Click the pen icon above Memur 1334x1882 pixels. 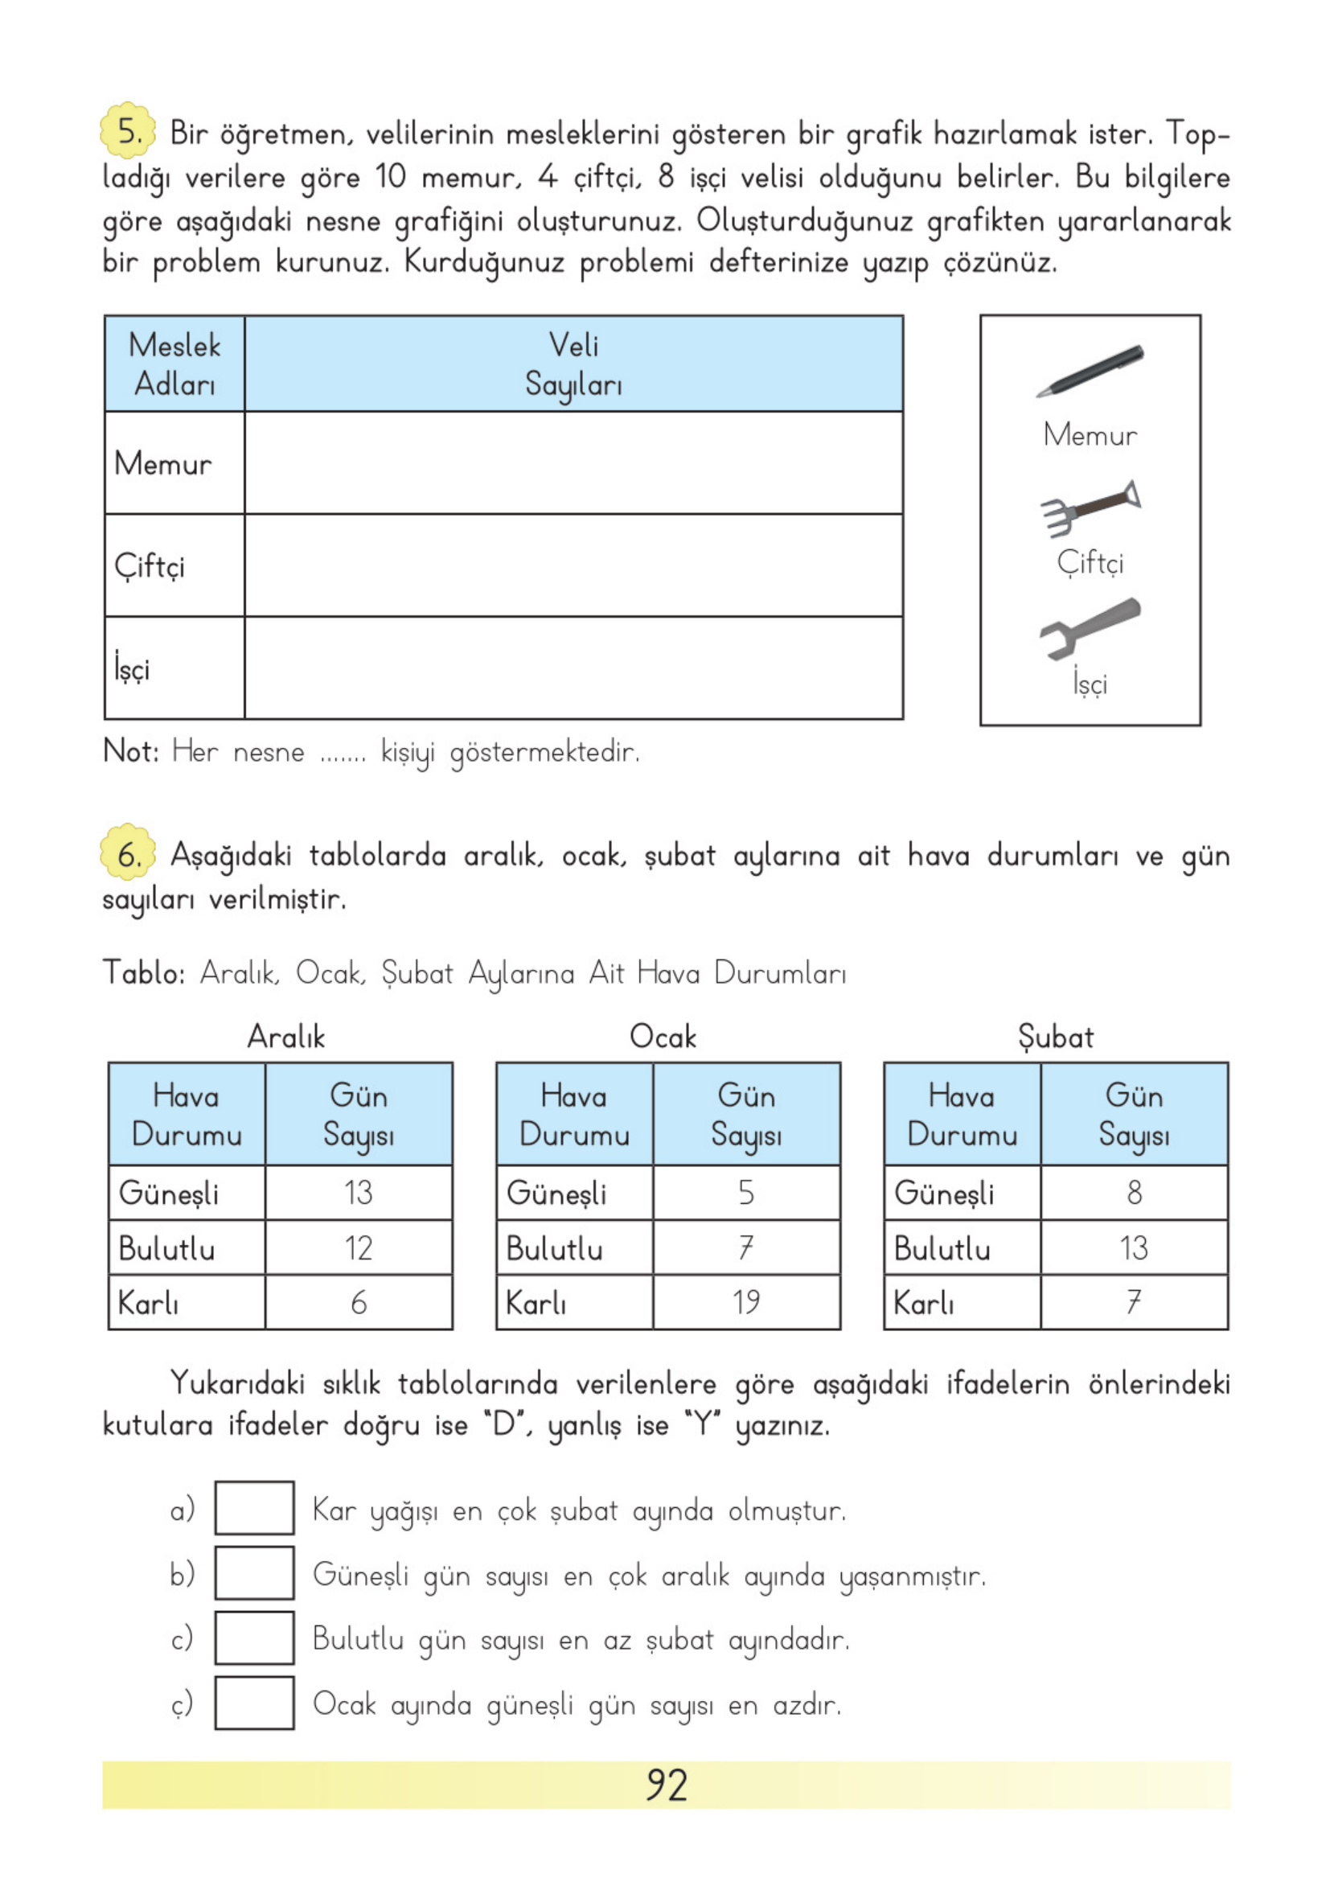coord(1090,371)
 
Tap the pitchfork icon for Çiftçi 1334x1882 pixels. coord(1090,507)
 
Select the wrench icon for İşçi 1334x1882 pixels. coord(1090,627)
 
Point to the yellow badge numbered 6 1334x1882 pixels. coord(127,853)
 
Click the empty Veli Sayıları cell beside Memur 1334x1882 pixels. coord(573,463)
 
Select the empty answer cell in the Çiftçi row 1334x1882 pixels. coord(573,565)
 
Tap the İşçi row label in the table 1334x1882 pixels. coord(133,668)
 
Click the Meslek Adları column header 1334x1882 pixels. coord(174,364)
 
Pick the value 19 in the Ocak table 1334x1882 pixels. coord(746,1302)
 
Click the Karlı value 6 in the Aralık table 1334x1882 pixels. coord(358,1302)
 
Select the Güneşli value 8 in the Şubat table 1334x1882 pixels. coord(1134,1192)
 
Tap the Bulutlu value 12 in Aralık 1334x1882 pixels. coord(358,1247)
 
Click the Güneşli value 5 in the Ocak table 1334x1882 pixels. coord(746,1192)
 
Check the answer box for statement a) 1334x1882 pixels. coord(254,1507)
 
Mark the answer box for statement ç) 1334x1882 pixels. coord(254,1703)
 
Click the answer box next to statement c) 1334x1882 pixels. coord(254,1638)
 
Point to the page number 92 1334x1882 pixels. coord(666,1785)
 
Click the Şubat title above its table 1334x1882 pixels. coord(1056,1038)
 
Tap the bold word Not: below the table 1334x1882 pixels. coord(130,751)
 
